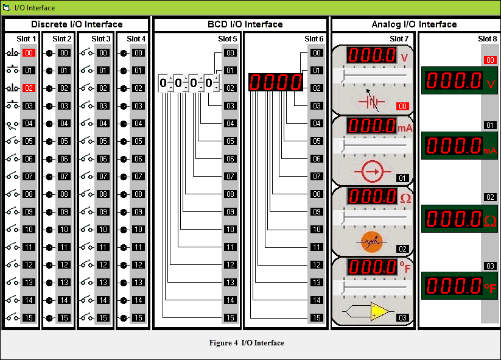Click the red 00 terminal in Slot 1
[29, 53]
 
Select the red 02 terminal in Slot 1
[29, 88]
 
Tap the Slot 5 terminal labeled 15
[229, 318]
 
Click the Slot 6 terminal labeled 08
[316, 194]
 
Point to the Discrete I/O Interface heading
[77, 24]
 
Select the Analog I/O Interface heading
[414, 24]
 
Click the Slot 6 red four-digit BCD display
[275, 82]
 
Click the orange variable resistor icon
[371, 242]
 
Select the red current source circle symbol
[371, 172]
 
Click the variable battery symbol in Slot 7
[371, 101]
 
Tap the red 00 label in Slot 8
[489, 60]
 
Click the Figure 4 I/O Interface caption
[247, 343]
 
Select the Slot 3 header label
[101, 39]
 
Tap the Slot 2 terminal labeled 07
[65, 177]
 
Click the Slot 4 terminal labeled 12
[138, 265]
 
